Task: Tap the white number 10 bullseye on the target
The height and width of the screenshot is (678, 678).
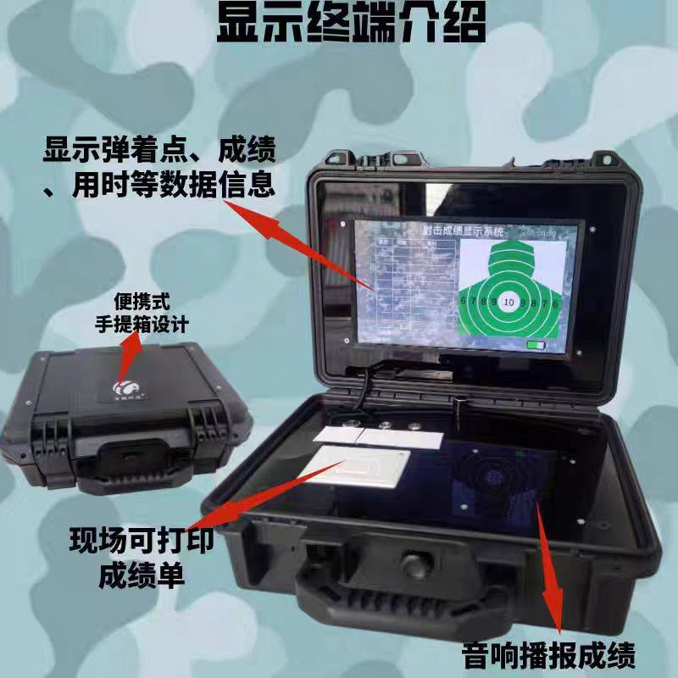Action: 508,301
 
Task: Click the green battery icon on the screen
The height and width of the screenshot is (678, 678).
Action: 536,346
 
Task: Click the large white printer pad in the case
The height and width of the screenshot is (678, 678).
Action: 362,467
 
